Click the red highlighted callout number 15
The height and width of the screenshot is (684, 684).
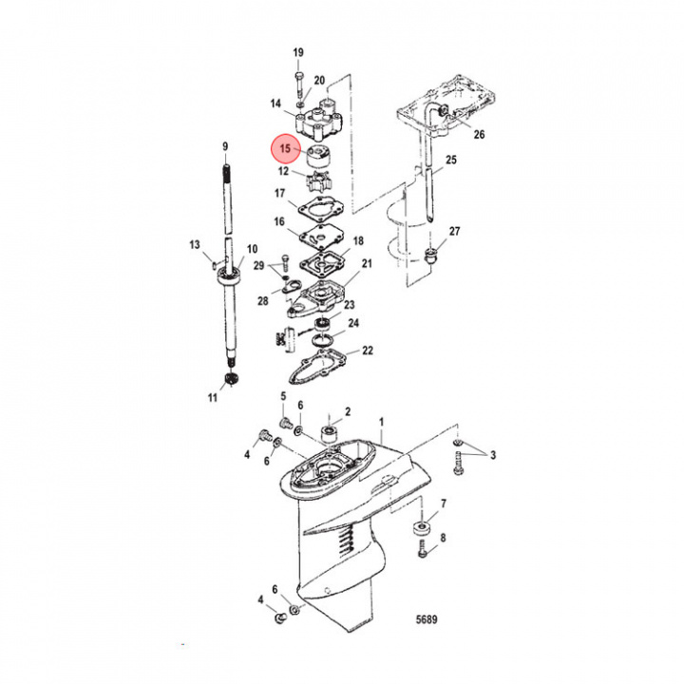click(x=285, y=148)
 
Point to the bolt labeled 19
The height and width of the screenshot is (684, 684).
click(x=299, y=85)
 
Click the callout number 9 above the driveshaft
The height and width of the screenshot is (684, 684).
click(x=225, y=146)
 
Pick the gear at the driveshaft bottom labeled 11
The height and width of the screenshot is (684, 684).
click(x=228, y=379)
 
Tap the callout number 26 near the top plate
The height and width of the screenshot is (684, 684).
click(x=479, y=134)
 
